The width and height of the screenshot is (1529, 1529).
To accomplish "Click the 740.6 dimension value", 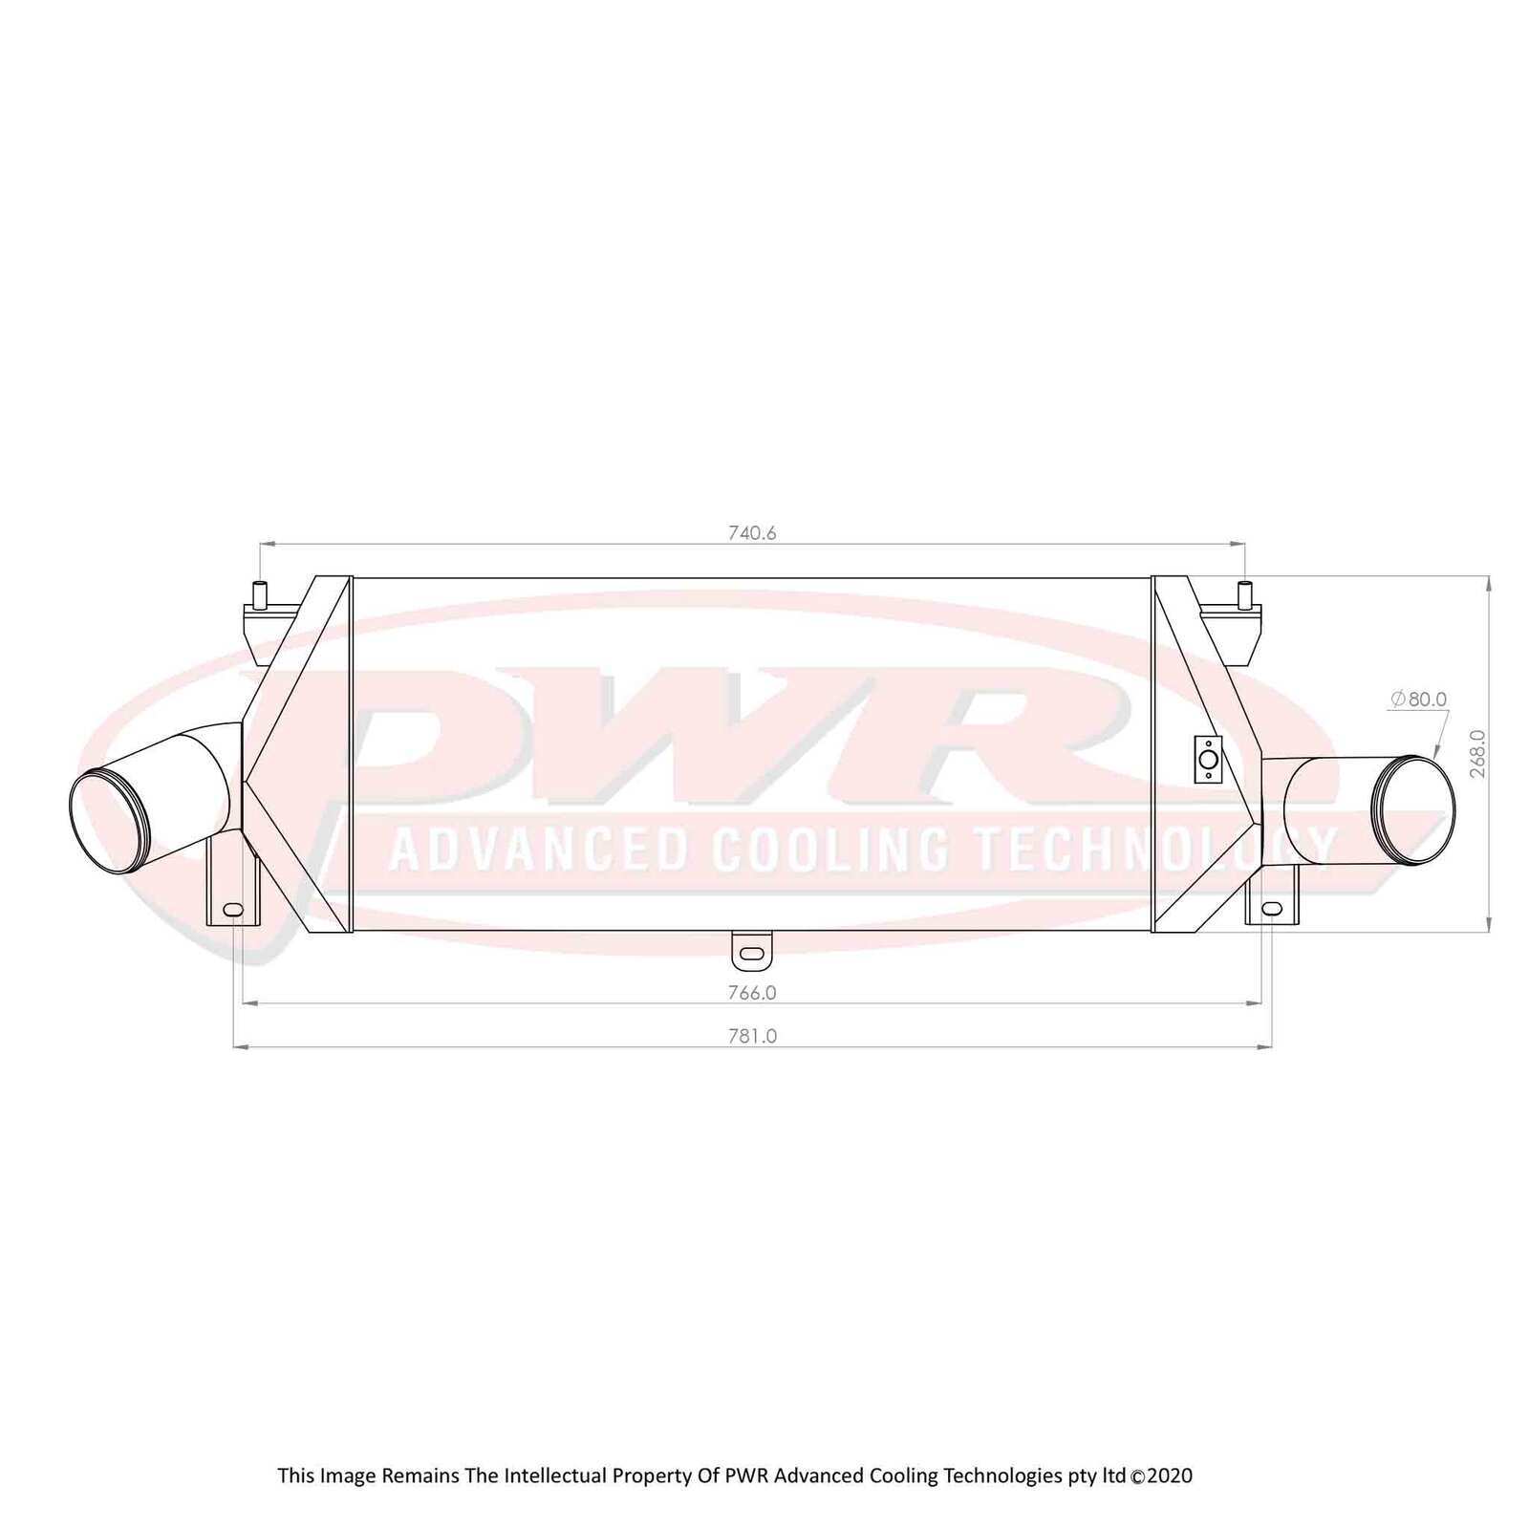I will click(752, 533).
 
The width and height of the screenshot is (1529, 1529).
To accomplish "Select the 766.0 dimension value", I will click(752, 993).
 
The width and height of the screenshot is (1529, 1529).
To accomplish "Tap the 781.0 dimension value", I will click(752, 1036).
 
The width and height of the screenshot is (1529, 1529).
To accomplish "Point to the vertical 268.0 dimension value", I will click(1477, 753).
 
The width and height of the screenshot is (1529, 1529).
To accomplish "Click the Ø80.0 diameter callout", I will click(1419, 700).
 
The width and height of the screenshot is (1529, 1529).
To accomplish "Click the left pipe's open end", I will click(111, 823).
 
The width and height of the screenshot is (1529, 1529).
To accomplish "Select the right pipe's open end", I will click(1414, 800).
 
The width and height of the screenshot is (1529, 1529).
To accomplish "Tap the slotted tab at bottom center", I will click(752, 952).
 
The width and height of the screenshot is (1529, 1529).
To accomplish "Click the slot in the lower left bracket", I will click(232, 909).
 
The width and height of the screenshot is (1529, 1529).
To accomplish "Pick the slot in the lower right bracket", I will click(1272, 907).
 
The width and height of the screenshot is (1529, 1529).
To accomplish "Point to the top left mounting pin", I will click(258, 592).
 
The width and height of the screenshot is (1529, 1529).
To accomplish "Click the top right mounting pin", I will click(1244, 592).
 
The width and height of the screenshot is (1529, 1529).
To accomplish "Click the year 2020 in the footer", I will click(1170, 1475).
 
